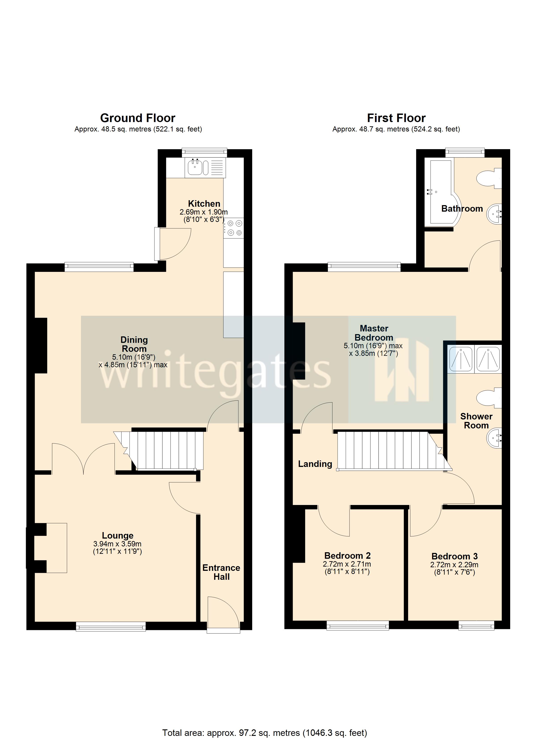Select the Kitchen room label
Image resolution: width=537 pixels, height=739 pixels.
tap(204, 204)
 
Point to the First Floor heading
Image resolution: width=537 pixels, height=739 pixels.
tap(396, 118)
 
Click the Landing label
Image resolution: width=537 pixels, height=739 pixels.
tap(315, 464)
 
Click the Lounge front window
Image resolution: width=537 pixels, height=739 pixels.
tap(111, 626)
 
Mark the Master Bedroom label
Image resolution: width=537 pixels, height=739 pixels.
tap(374, 333)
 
